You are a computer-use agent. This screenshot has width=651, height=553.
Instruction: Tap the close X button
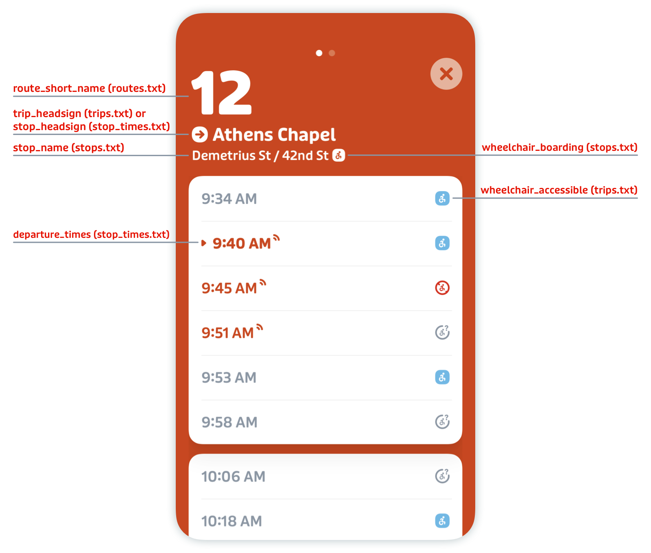(x=446, y=74)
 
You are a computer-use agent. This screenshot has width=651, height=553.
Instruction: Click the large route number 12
(x=222, y=93)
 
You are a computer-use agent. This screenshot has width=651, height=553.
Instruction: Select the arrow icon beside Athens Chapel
(x=200, y=135)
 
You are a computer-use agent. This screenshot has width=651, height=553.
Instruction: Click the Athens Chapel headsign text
(x=274, y=135)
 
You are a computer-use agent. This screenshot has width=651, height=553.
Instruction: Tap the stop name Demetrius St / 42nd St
(x=260, y=155)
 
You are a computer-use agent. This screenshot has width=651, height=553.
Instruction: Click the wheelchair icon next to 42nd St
(x=339, y=155)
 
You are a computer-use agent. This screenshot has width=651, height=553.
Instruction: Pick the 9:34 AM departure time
(x=229, y=199)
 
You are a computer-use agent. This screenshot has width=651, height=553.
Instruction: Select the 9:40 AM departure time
(x=242, y=244)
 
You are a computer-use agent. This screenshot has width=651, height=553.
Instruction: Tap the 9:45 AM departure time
(x=229, y=288)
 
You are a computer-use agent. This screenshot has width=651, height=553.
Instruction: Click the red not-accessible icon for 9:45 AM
(x=442, y=288)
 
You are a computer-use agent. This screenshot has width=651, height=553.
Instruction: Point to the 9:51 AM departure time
(x=227, y=333)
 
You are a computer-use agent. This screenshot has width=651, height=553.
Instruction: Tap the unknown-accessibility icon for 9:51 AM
(x=442, y=332)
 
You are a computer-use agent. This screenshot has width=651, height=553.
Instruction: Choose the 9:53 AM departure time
(x=229, y=378)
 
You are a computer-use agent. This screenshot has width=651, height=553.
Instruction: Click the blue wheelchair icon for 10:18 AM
(x=442, y=521)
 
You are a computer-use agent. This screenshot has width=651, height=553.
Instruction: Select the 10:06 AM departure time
(x=233, y=477)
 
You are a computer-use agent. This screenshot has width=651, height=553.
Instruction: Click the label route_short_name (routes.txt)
(x=90, y=88)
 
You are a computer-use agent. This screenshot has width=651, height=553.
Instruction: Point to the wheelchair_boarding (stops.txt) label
(x=559, y=147)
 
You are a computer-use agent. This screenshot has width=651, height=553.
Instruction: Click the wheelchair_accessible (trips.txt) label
(x=559, y=190)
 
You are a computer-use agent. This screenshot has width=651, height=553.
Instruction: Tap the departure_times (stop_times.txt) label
(x=91, y=235)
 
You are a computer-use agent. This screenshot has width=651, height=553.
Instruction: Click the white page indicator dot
(x=319, y=53)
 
